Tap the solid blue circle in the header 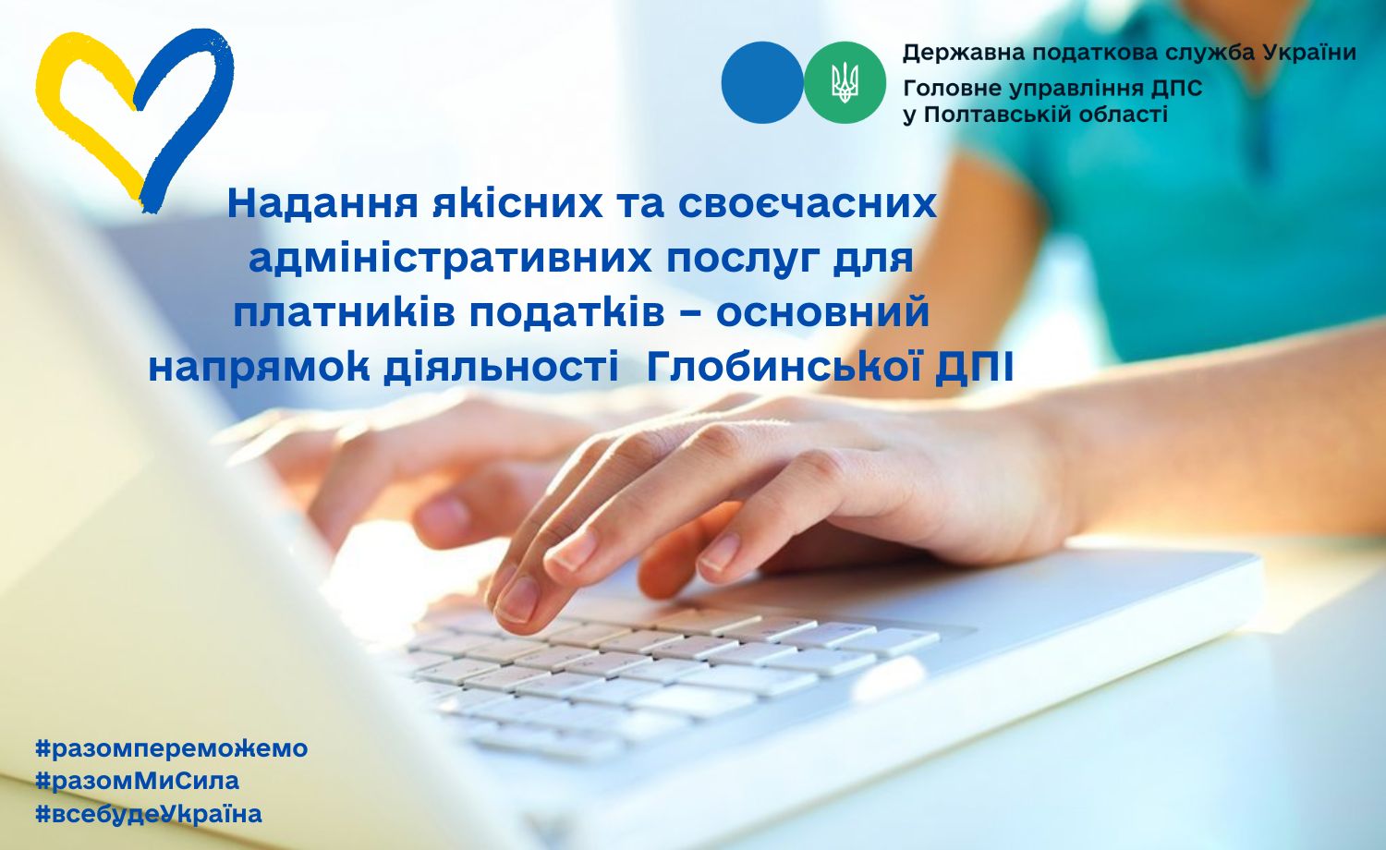pyautogui.click(x=762, y=82)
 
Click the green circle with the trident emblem pyautogui.click(x=845, y=82)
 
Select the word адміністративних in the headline pyautogui.click(x=450, y=258)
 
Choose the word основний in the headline pyautogui.click(x=823, y=313)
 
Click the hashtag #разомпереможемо pyautogui.click(x=172, y=749)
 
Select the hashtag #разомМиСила pyautogui.click(x=138, y=782)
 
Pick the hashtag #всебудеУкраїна pyautogui.click(x=149, y=814)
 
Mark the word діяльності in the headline pyautogui.click(x=501, y=368)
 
